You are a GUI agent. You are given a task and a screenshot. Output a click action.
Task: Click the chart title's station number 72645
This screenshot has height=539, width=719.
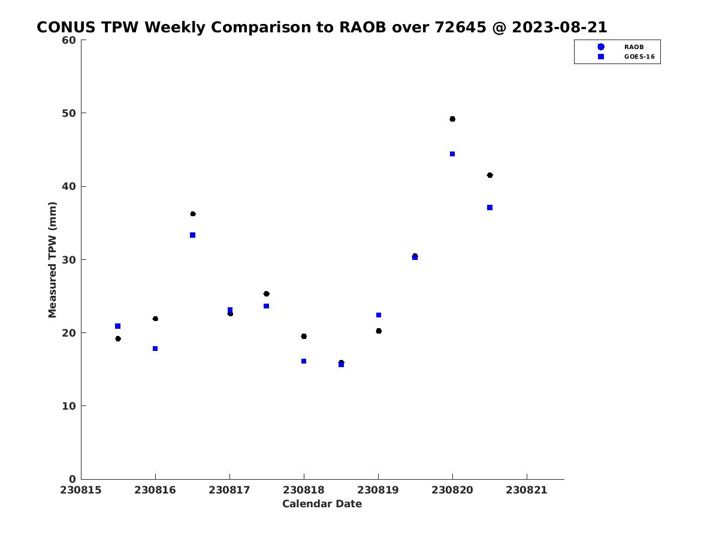point(460,27)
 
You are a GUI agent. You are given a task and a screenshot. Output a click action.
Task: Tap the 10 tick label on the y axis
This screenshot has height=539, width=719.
point(69,406)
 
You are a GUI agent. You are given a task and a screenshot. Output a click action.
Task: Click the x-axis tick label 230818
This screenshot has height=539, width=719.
point(303,490)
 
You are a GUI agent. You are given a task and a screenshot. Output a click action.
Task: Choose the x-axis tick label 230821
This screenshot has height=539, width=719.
point(526,490)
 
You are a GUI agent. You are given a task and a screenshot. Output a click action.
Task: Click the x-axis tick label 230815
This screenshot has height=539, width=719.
point(80,490)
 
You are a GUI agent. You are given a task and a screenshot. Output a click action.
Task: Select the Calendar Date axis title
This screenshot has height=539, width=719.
point(322,504)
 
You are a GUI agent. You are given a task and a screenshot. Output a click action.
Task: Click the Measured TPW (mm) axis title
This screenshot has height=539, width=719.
point(52,259)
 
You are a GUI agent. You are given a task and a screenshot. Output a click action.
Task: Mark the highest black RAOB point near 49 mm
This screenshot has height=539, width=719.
point(452,119)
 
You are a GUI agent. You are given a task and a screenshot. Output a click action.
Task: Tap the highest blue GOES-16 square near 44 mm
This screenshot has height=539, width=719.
point(452,154)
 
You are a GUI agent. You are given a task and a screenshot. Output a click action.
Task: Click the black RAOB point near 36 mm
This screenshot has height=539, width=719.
point(192,214)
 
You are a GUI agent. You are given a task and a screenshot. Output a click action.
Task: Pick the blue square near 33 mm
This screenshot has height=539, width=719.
point(192,235)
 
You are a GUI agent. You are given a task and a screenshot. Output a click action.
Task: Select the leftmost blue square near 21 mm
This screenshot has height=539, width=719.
point(117,326)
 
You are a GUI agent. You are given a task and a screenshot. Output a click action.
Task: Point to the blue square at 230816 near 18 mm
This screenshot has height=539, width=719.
point(155,349)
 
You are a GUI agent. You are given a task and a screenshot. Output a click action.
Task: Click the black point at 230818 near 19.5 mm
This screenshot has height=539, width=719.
point(304,336)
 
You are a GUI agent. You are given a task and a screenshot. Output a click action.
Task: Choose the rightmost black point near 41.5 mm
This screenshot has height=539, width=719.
point(490,175)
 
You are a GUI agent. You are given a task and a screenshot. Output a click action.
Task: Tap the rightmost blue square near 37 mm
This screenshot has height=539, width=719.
point(490,207)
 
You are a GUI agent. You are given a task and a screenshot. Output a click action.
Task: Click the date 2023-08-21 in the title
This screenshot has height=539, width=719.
point(559,27)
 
